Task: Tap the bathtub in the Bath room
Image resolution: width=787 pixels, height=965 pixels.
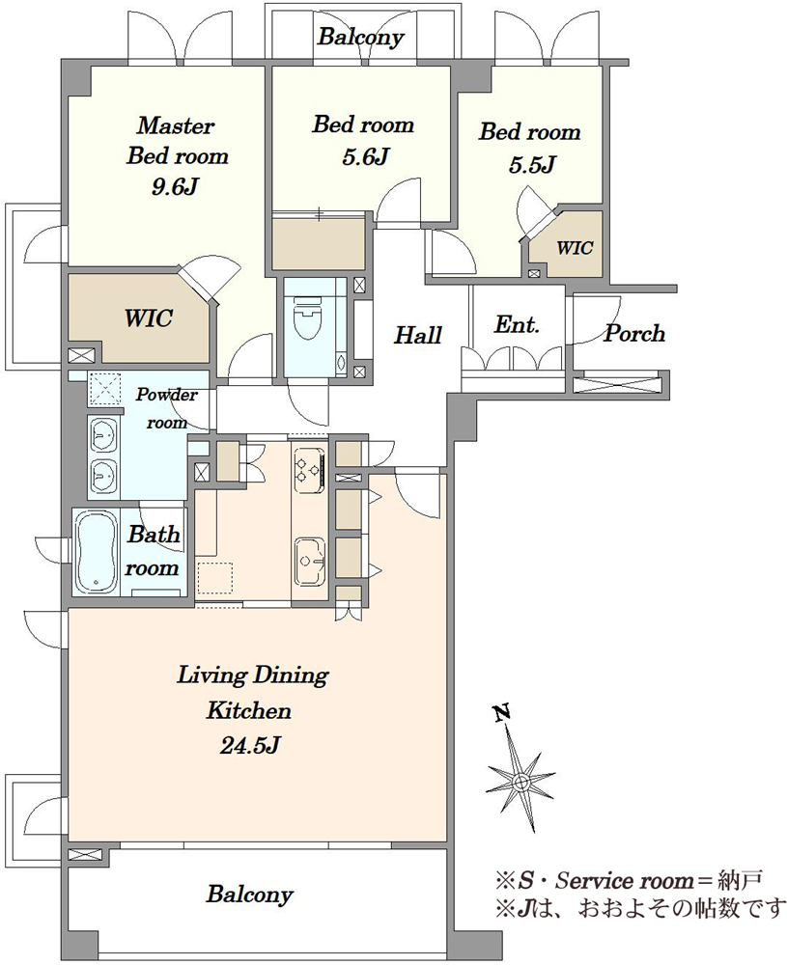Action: (x=97, y=550)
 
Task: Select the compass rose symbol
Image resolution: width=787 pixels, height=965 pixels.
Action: (x=520, y=780)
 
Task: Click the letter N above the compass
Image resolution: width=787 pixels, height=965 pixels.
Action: (x=503, y=713)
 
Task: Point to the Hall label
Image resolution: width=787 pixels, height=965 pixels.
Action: (x=418, y=336)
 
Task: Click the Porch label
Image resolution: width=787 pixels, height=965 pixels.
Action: (x=634, y=334)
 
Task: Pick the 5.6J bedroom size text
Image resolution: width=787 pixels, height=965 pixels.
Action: (x=365, y=157)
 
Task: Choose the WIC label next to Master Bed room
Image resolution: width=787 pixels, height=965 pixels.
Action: (x=148, y=318)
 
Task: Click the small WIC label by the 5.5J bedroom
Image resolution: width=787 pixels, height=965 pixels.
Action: (x=575, y=248)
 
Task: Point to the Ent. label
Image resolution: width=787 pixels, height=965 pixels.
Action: (x=517, y=324)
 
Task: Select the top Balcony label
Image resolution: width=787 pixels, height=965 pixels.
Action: (x=360, y=38)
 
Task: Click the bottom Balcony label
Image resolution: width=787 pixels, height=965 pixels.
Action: (x=249, y=894)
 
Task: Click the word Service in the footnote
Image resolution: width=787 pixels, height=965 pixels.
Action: (x=594, y=881)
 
